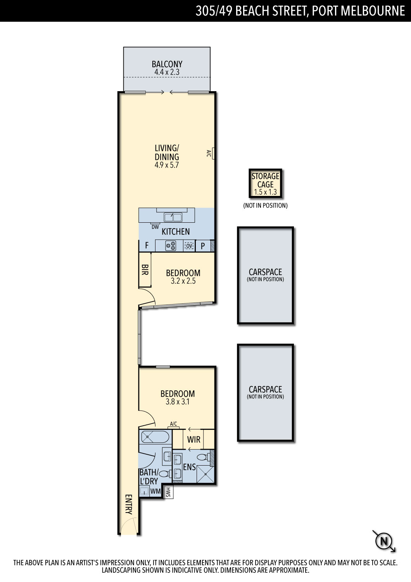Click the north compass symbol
tap(384, 541)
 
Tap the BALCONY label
tap(167, 64)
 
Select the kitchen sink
tap(173, 217)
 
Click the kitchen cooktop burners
tap(171, 246)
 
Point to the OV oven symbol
tap(189, 246)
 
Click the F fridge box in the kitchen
tap(147, 245)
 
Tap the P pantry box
tap(203, 246)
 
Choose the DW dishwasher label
tap(155, 227)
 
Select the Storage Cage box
tap(265, 184)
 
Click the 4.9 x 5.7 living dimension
tap(167, 165)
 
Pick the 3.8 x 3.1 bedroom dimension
tap(178, 402)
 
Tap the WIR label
tap(194, 439)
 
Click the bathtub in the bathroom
tap(155, 436)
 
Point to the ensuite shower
tap(205, 475)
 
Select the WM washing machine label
tap(155, 491)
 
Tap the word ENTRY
tap(129, 504)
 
